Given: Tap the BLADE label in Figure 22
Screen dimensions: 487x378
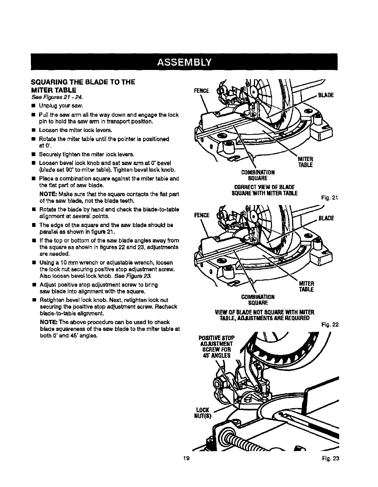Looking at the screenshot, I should pyautogui.click(x=326, y=218).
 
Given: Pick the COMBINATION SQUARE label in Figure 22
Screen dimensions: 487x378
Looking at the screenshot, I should pyautogui.click(x=258, y=300).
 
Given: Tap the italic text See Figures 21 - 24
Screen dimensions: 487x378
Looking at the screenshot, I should pyautogui.click(x=54, y=97).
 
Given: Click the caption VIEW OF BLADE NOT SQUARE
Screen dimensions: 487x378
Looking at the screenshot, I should pyautogui.click(x=265, y=312).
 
